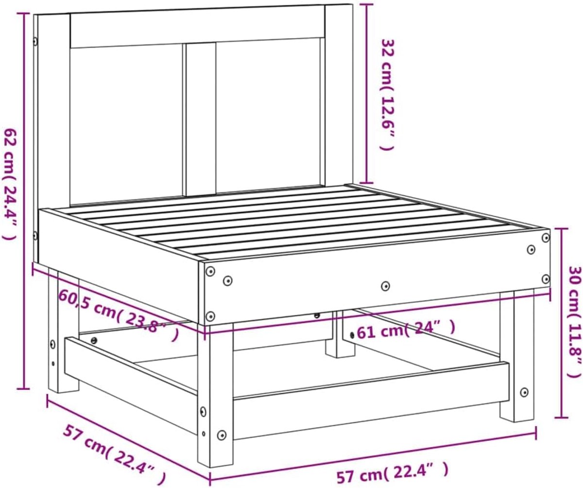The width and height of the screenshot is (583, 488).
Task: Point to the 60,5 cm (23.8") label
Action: (x=118, y=314)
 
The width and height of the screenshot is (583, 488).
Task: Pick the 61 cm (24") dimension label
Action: (x=406, y=330)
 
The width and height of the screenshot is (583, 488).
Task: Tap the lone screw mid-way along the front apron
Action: (x=386, y=285)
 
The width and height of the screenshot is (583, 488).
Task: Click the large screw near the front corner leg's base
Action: (x=222, y=435)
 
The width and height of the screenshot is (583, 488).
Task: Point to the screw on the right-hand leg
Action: (x=524, y=392)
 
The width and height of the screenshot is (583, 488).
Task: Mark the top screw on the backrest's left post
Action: (x=35, y=42)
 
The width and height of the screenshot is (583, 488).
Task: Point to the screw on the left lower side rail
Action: (x=94, y=341)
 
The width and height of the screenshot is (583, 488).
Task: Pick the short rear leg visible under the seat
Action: (x=340, y=334)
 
